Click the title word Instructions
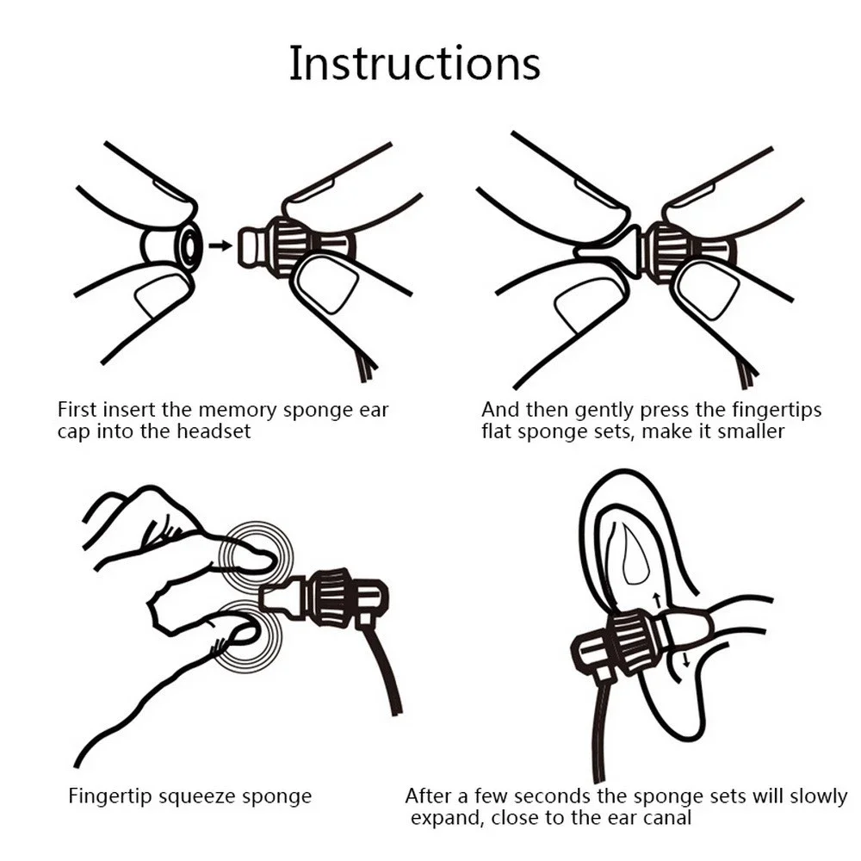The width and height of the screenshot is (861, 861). point(414,64)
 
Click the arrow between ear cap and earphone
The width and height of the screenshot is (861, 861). point(221,245)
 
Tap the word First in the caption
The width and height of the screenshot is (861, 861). point(80,410)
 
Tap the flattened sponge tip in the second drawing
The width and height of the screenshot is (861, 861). point(611,248)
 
